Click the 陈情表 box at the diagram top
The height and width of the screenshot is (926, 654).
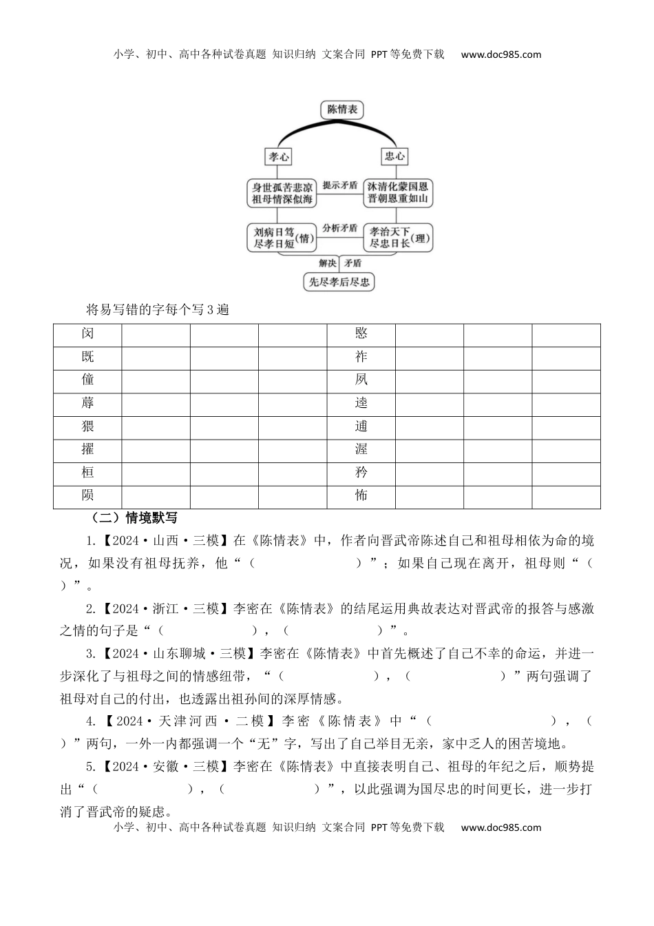point(341,110)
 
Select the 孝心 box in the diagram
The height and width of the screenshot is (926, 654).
point(279,156)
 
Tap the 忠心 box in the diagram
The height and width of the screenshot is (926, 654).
point(394,156)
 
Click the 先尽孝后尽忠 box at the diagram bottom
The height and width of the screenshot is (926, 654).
point(339,282)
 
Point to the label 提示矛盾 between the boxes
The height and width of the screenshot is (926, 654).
point(340,185)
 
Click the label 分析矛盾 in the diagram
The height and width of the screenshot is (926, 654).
point(340,227)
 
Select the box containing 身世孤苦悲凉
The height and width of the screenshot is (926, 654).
point(282,193)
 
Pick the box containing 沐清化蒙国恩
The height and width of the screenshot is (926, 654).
point(398,193)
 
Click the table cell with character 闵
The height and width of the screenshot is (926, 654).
point(87,333)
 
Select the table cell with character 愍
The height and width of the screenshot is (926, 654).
point(361,333)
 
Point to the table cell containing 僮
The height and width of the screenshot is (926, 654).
point(87,380)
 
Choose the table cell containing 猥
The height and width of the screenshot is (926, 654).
point(87,426)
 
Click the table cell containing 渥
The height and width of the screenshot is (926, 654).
point(361,449)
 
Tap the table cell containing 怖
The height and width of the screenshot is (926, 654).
point(361,495)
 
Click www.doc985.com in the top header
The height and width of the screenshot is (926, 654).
point(501,54)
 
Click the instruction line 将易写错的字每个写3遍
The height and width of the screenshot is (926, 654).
point(158,309)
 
